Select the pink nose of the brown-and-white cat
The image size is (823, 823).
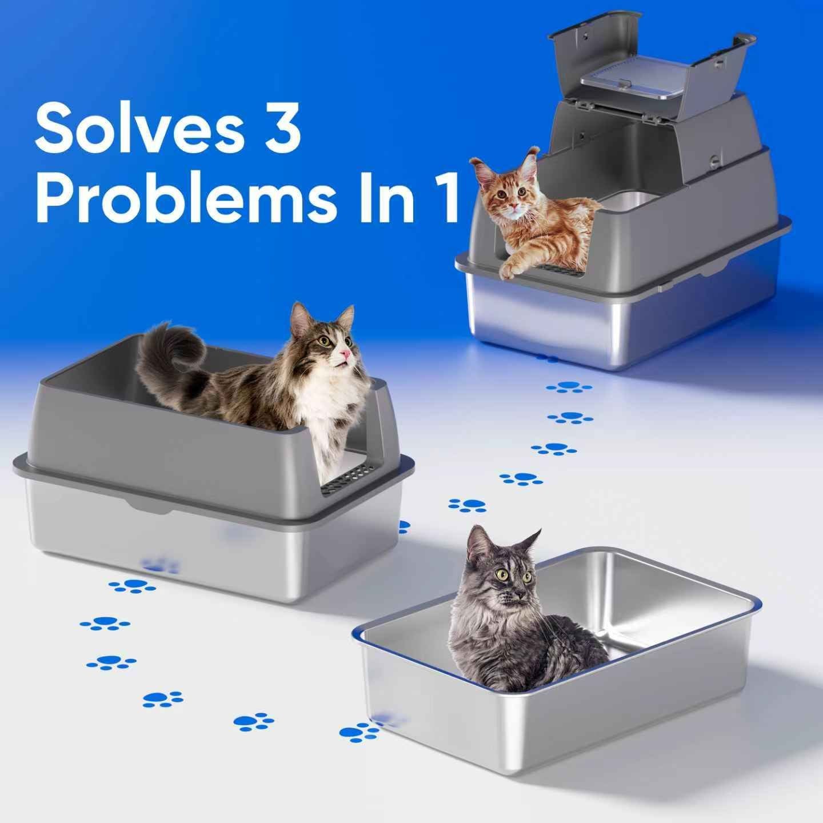pyautogui.click(x=345, y=354)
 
